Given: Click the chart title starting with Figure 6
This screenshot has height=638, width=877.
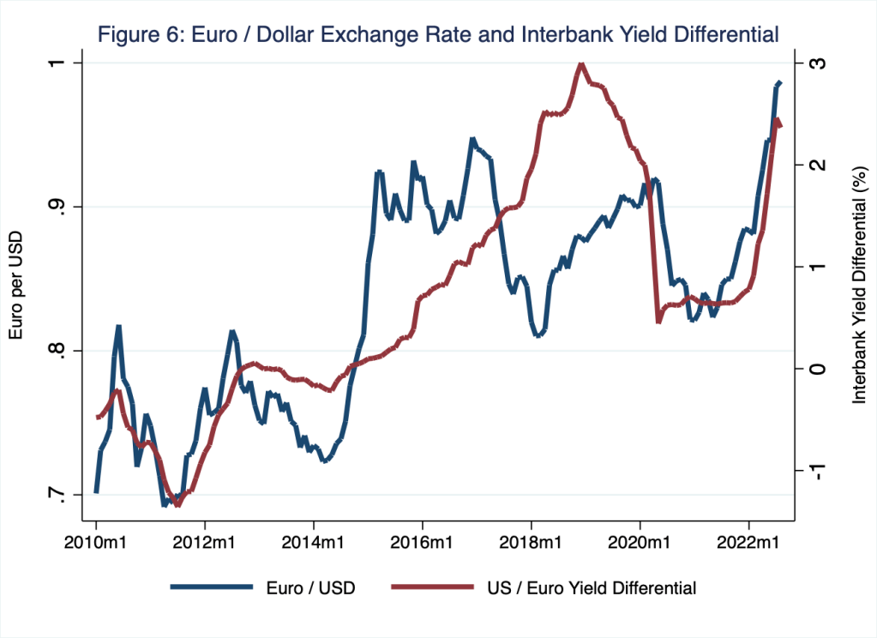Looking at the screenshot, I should pyautogui.click(x=438, y=35).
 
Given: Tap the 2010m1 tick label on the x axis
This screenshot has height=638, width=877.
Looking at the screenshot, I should pyautogui.click(x=96, y=544).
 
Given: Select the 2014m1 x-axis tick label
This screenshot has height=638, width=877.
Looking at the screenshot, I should pyautogui.click(x=314, y=544).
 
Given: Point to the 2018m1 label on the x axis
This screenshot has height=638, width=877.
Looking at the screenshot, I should pyautogui.click(x=532, y=544).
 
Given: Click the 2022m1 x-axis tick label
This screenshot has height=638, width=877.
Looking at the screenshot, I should pyautogui.click(x=749, y=544).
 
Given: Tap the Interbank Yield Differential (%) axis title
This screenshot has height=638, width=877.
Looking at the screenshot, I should pyautogui.click(x=858, y=286).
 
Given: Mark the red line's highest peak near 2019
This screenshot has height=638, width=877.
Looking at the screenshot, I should pyautogui.click(x=581, y=64).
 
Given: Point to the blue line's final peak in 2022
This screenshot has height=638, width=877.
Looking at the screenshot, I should pyautogui.click(x=779, y=82).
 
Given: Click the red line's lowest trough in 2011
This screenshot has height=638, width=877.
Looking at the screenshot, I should pyautogui.click(x=177, y=505).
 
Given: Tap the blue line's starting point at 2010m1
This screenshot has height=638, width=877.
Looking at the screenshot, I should pyautogui.click(x=96, y=492).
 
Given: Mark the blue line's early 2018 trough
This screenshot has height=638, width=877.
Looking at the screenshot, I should pyautogui.click(x=538, y=336).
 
